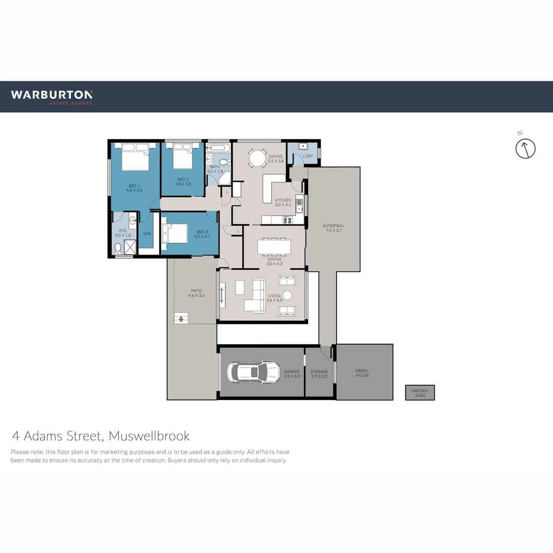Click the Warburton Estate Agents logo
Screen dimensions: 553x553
tap(52, 97)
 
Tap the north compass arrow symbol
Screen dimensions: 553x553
tap(525, 148)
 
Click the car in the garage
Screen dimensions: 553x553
tap(253, 372)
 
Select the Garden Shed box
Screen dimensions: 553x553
tap(420, 393)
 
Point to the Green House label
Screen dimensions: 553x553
tap(362, 373)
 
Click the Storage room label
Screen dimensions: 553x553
tap(319, 374)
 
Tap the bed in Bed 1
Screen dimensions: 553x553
tap(136, 157)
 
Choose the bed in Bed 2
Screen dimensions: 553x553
tap(182, 157)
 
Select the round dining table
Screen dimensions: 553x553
tap(257, 158)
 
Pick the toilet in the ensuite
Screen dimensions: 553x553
tap(118, 248)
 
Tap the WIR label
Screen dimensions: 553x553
tap(147, 233)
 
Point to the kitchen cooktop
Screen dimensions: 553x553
tap(287, 220)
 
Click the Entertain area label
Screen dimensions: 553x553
tap(333, 228)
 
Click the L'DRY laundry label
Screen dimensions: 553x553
tap(308, 156)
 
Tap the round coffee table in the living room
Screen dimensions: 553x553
tap(287, 295)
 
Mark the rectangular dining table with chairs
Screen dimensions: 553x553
tap(274, 247)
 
